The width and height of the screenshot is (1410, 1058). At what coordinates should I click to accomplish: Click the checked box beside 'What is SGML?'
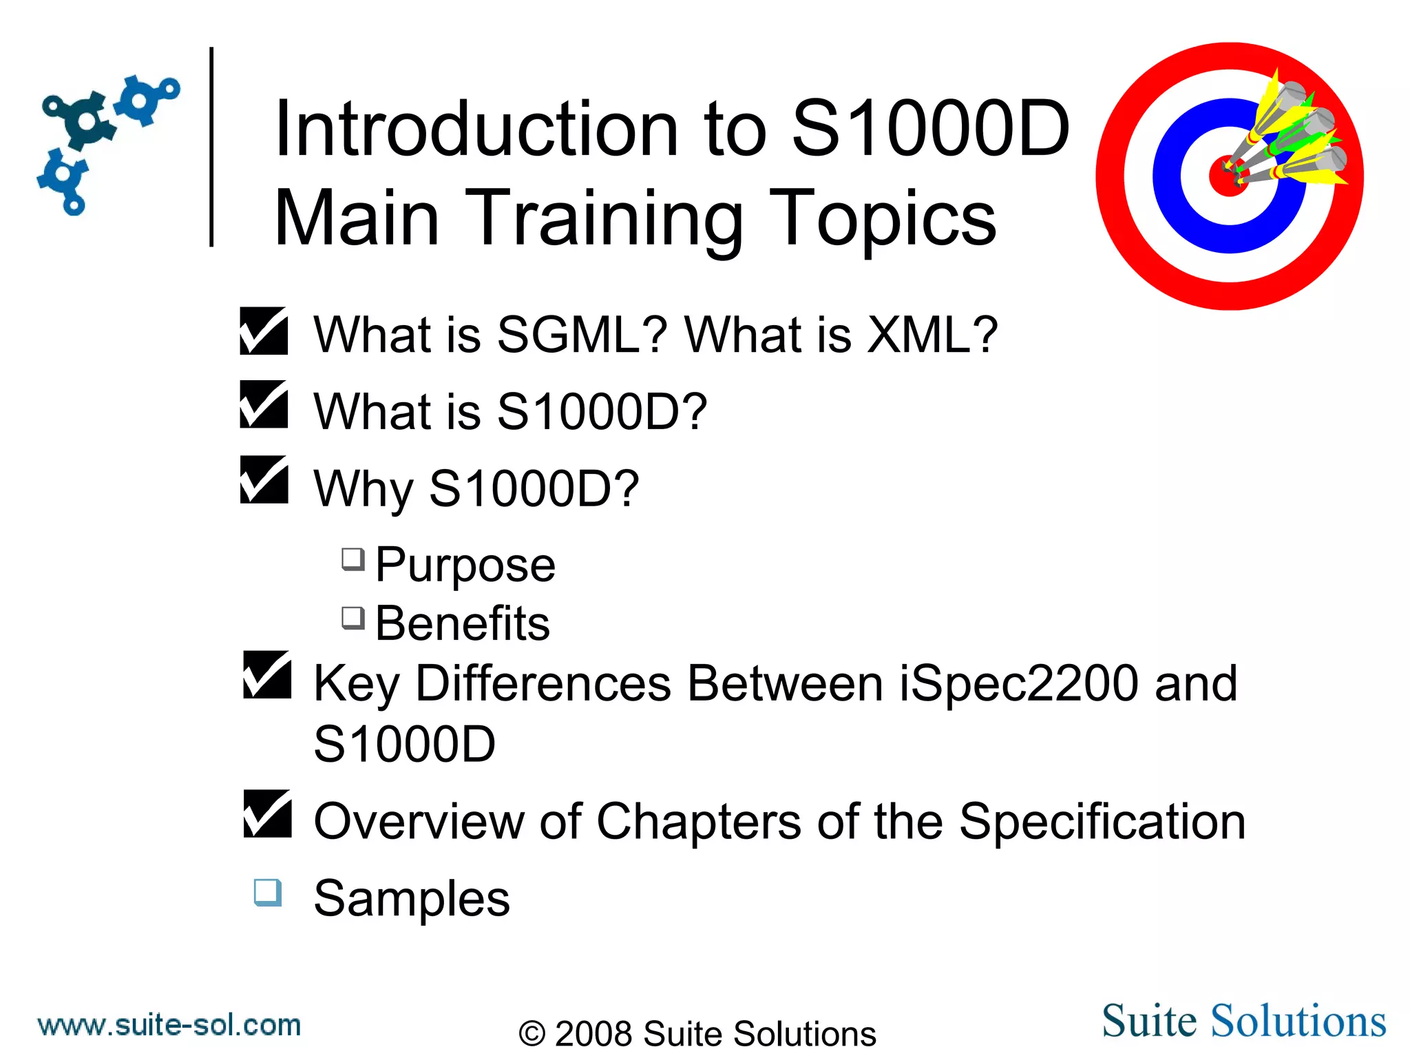tap(264, 331)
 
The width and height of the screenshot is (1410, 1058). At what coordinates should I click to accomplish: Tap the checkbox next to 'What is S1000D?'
tap(264, 405)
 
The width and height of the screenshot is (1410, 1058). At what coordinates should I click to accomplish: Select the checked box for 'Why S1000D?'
tap(264, 480)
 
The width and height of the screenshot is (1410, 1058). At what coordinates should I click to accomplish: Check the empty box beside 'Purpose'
tap(353, 559)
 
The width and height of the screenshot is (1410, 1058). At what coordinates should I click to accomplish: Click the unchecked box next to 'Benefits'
tap(353, 618)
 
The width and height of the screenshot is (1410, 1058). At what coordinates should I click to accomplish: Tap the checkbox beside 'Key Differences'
tap(267, 675)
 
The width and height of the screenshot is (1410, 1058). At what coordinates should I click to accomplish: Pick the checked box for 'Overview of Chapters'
tap(267, 814)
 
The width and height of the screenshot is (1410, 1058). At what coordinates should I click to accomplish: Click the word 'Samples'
tap(412, 898)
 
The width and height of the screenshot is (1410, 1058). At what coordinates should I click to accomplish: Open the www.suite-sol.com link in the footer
tap(169, 1025)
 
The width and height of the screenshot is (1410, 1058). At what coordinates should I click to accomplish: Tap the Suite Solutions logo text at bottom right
tap(1243, 1021)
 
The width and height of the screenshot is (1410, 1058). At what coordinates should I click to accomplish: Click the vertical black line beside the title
tap(211, 146)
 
